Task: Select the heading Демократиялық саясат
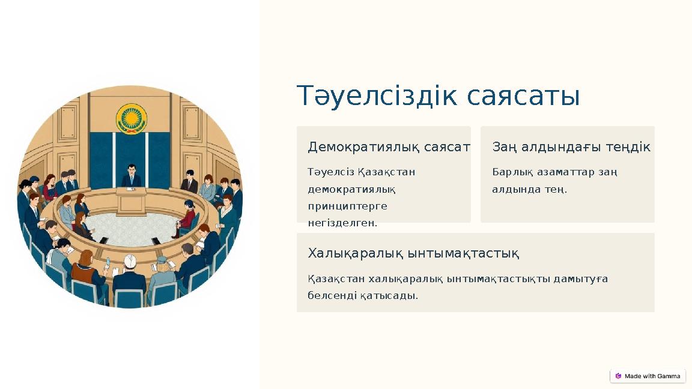(x=389, y=147)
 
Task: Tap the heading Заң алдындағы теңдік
(x=571, y=147)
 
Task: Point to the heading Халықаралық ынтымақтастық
(x=413, y=253)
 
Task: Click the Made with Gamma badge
(x=648, y=376)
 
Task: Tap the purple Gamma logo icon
(x=618, y=376)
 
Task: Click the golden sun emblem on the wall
(x=131, y=118)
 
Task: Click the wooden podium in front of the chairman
(x=131, y=201)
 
